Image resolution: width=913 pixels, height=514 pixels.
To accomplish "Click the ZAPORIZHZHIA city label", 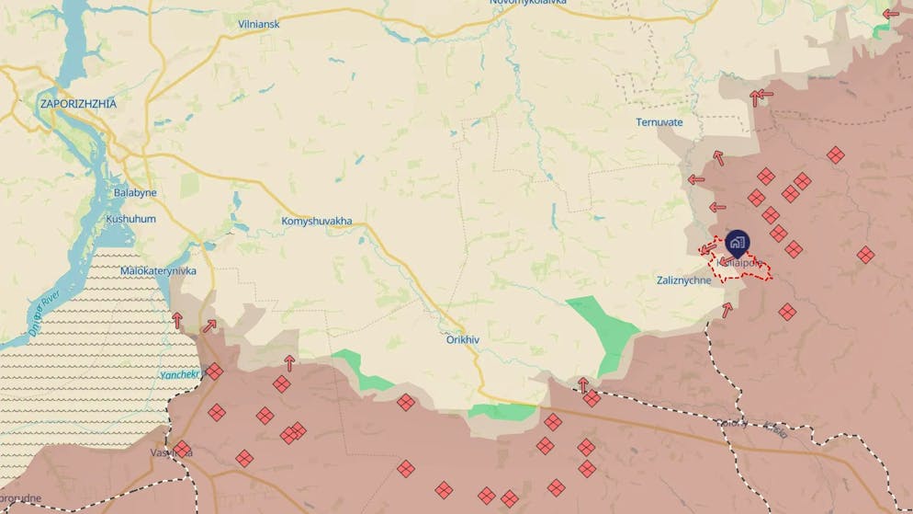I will [78, 104].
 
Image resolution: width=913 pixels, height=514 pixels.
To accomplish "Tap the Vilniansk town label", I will [258, 23].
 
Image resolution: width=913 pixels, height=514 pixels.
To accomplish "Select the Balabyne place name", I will [135, 193].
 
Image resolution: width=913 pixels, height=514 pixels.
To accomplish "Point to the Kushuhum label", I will [130, 219].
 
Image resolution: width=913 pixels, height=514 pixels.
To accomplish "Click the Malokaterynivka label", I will [158, 271].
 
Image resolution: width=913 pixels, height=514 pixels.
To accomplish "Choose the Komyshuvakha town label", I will [316, 222].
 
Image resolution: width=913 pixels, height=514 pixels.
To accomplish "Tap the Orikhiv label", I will [462, 339].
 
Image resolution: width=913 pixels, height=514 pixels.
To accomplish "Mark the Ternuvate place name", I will [659, 122].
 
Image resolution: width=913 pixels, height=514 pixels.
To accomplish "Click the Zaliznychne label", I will [683, 280].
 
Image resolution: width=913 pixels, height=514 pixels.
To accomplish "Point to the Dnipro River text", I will [43, 310].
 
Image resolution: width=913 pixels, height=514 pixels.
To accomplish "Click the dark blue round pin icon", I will [737, 243].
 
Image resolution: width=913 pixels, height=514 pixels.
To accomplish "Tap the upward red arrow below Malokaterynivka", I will [177, 320].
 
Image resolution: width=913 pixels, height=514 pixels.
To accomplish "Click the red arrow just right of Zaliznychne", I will [727, 309].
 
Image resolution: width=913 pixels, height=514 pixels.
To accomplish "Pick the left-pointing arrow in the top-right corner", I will [890, 14].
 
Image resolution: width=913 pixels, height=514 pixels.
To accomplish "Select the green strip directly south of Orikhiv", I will [501, 411].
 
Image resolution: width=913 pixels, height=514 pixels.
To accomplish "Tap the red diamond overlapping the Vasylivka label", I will [182, 450].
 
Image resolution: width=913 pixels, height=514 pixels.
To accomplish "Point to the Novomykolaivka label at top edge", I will [527, 3].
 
